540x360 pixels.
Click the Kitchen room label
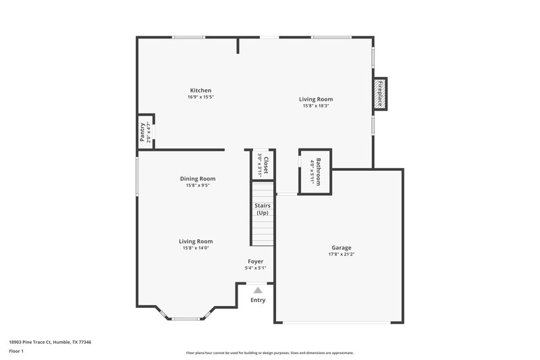tap(200, 91)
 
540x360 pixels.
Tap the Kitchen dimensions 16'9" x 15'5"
tap(200, 97)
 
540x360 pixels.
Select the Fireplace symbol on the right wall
tap(379, 94)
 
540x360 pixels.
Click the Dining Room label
tap(197, 178)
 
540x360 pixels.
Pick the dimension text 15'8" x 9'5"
tap(197, 185)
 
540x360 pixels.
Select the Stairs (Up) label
tap(262, 209)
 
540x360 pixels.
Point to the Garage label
tap(341, 248)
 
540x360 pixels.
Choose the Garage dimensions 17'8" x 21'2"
tap(341, 255)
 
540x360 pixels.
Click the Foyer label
tap(255, 261)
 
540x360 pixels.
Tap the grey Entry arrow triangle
tap(257, 290)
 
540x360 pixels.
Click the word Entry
tap(258, 300)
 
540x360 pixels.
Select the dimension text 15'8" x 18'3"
tap(316, 105)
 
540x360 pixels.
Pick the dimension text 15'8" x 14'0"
tap(196, 248)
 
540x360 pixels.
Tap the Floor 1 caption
tap(16, 352)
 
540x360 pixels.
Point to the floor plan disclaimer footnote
tap(269, 353)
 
